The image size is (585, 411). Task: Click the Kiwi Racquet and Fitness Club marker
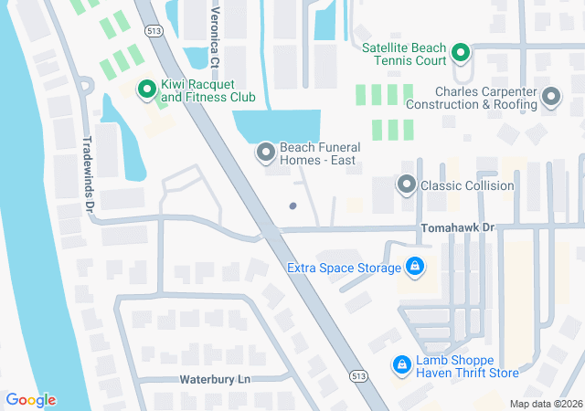point(145,90)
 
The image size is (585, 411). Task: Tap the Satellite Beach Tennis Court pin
point(461,53)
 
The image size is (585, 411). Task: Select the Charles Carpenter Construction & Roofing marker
point(550,97)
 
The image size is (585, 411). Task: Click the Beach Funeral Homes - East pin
point(265,153)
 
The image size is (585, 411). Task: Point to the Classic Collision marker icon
point(406,185)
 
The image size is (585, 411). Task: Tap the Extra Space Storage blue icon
point(415,267)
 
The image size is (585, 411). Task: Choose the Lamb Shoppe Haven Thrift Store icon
point(400,365)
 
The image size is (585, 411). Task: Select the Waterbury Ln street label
point(212,378)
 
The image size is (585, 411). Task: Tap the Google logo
point(31,400)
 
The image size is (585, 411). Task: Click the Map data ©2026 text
point(545,404)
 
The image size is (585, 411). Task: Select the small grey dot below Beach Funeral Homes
point(292,205)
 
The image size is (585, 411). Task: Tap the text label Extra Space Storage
point(344,268)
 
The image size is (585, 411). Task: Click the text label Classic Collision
point(466,186)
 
